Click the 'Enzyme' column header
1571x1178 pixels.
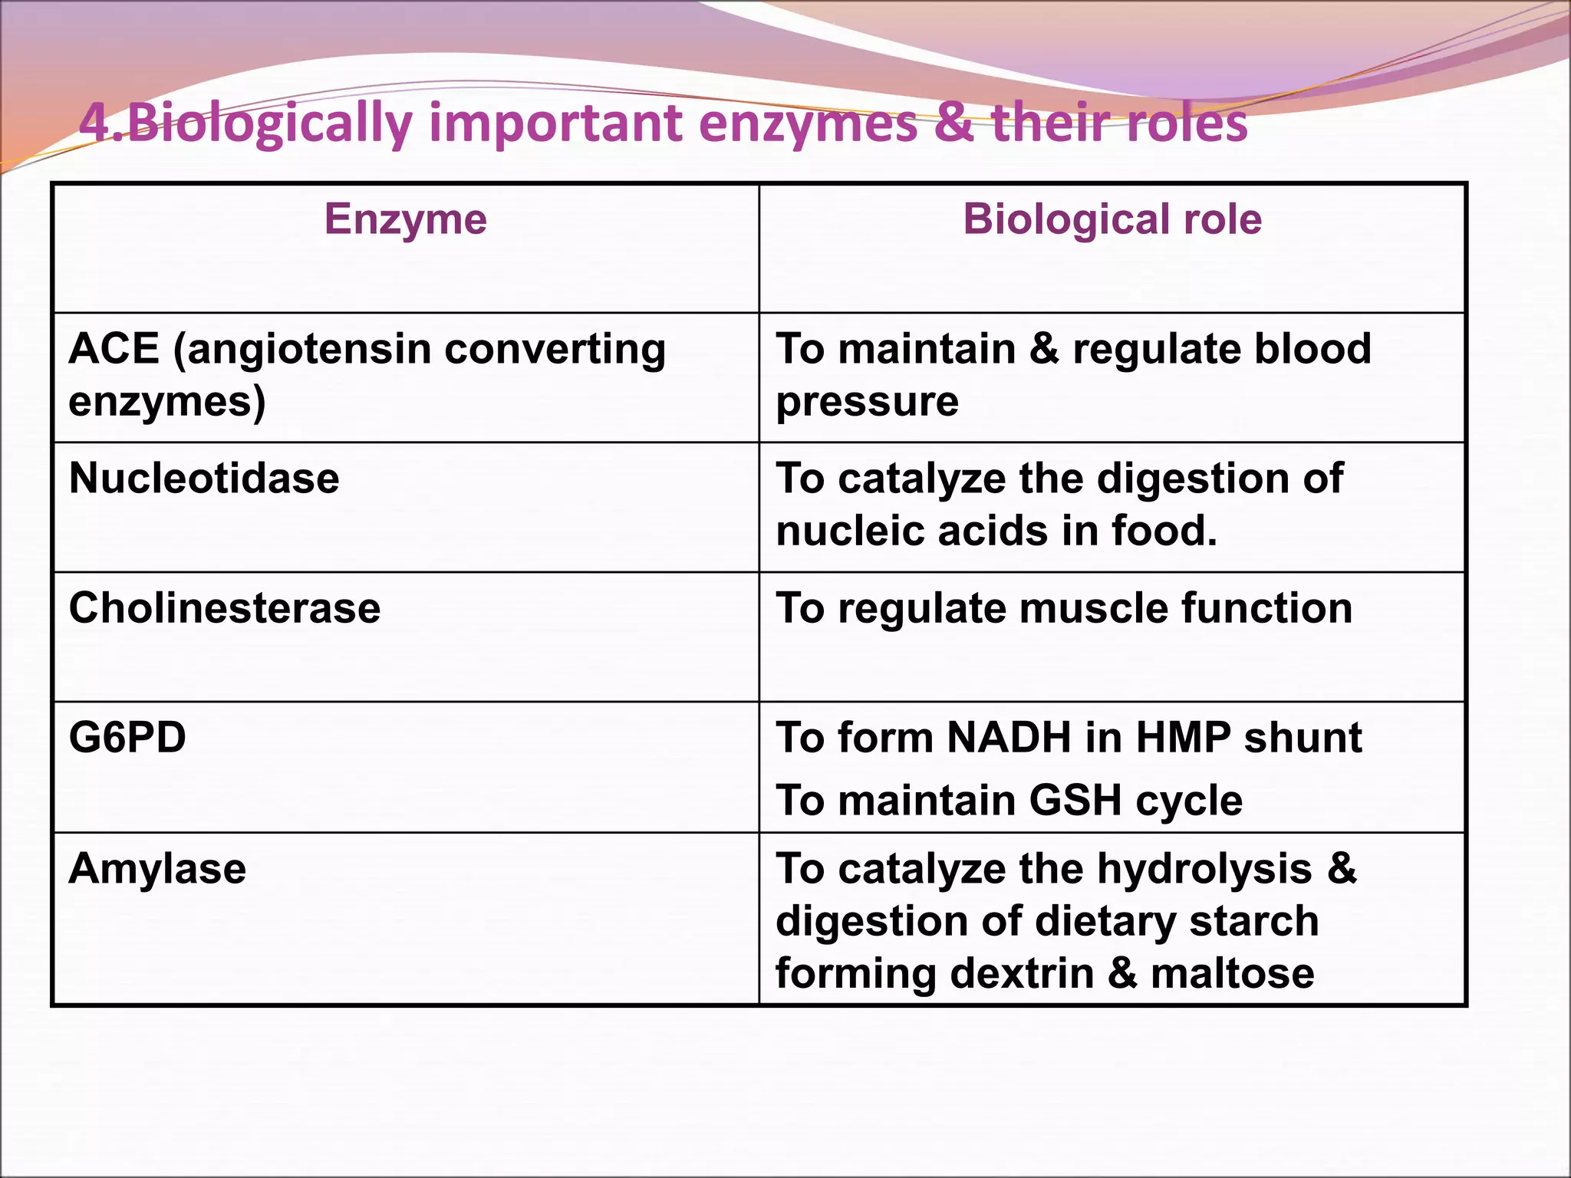point(405,219)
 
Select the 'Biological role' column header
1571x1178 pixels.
point(1112,219)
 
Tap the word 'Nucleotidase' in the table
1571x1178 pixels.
point(204,479)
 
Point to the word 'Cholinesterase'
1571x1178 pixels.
point(225,608)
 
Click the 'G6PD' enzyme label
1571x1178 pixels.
point(127,738)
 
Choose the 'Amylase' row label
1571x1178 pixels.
point(157,869)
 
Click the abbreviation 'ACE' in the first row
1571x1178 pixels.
point(114,349)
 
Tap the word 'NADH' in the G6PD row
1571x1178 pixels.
point(1009,738)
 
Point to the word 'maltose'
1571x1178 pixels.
point(1233,973)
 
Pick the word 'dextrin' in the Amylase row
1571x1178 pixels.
point(1022,973)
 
